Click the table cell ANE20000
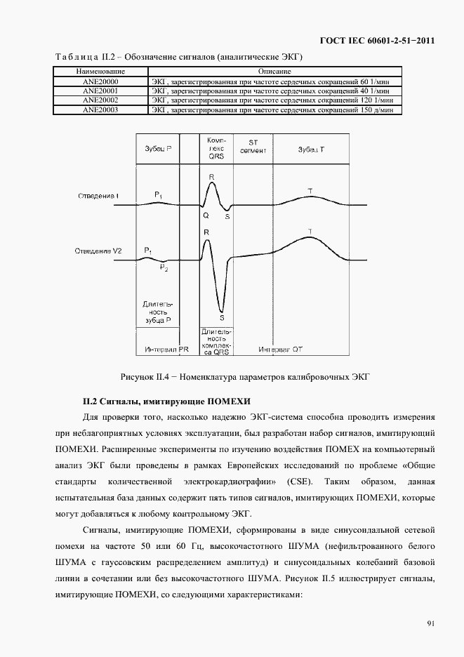click(x=100, y=82)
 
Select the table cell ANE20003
click(x=100, y=109)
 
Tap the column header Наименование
click(x=100, y=72)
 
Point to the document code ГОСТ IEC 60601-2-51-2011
click(x=377, y=41)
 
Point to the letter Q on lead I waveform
click(x=206, y=216)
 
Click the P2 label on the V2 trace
click(x=163, y=267)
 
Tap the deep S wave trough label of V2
click(x=222, y=317)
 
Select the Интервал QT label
click(x=280, y=349)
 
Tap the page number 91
click(x=430, y=623)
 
